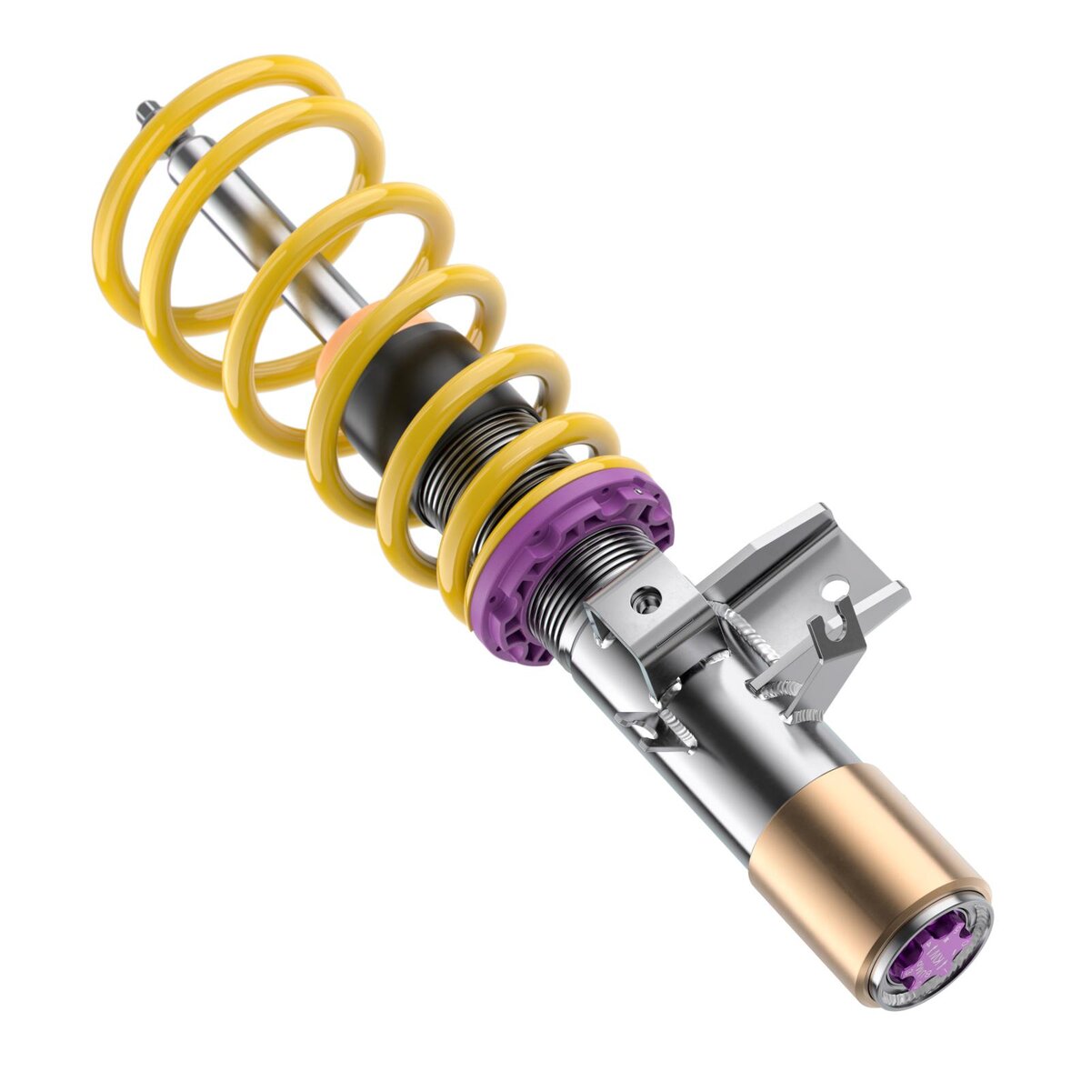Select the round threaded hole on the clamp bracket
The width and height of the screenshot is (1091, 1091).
pyautogui.click(x=647, y=597)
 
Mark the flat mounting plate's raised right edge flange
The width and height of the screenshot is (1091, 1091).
pyautogui.click(x=886, y=600)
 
